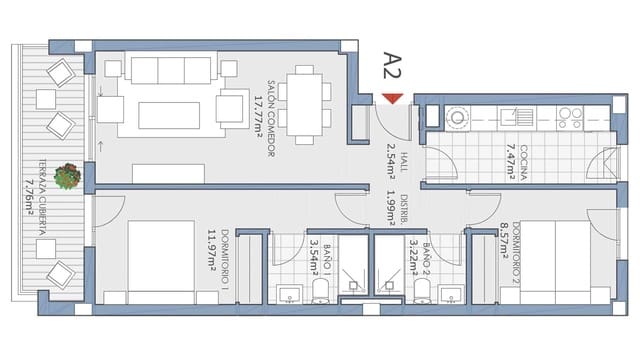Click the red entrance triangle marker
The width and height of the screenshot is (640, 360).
point(393,97)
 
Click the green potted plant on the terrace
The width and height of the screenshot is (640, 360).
point(68,176)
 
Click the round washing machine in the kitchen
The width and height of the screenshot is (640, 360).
point(457,117)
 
